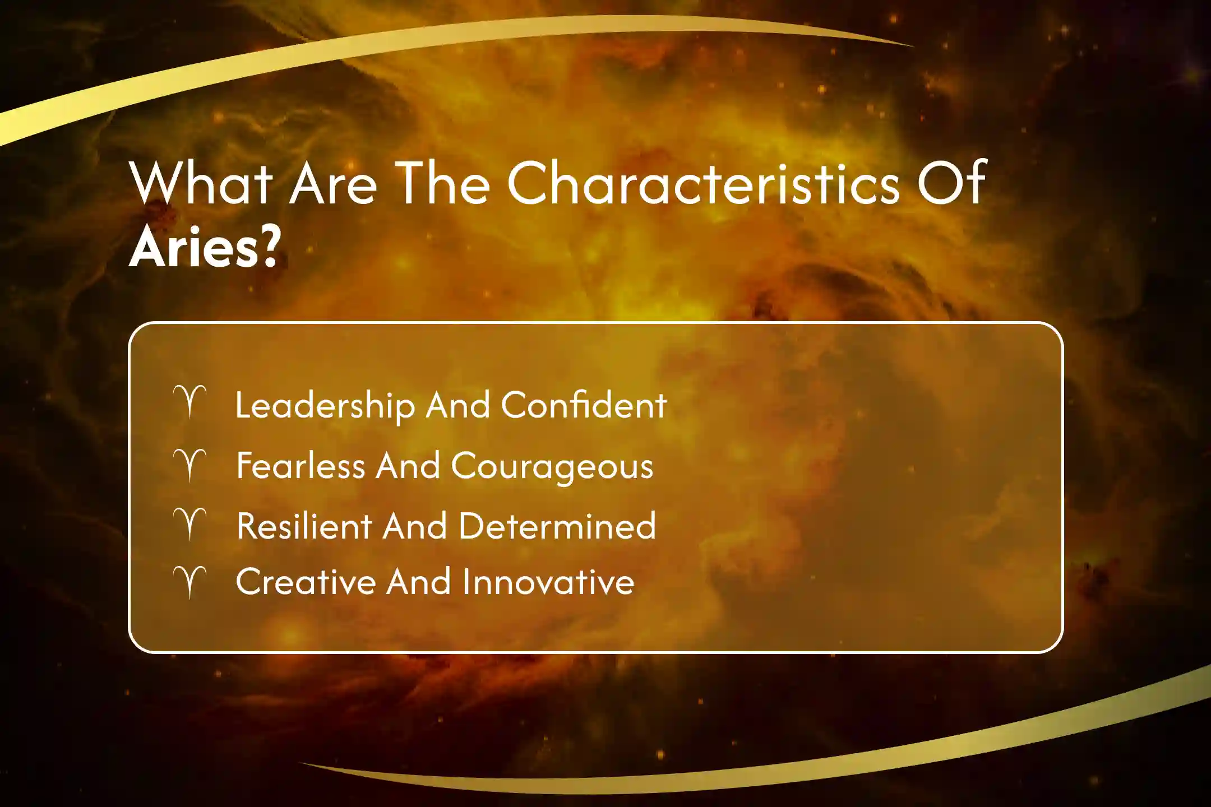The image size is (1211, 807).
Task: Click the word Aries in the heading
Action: (193, 247)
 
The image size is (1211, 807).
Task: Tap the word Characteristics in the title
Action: (704, 183)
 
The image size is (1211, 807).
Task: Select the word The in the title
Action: (443, 183)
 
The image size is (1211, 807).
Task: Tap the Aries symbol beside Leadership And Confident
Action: (190, 401)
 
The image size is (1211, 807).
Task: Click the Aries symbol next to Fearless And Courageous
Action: (190, 465)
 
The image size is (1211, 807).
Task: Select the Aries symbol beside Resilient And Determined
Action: (190, 524)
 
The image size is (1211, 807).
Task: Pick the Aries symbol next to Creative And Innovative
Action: (190, 582)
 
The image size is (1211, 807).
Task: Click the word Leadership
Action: (325, 406)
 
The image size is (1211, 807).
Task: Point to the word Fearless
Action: (301, 466)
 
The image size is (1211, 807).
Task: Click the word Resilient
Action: (304, 526)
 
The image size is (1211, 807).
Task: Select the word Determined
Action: (557, 526)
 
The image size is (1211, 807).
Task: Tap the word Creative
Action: (306, 582)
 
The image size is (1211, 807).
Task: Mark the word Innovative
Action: (548, 582)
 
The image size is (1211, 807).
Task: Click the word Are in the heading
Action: (333, 183)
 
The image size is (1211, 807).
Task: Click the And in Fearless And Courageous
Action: (408, 466)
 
